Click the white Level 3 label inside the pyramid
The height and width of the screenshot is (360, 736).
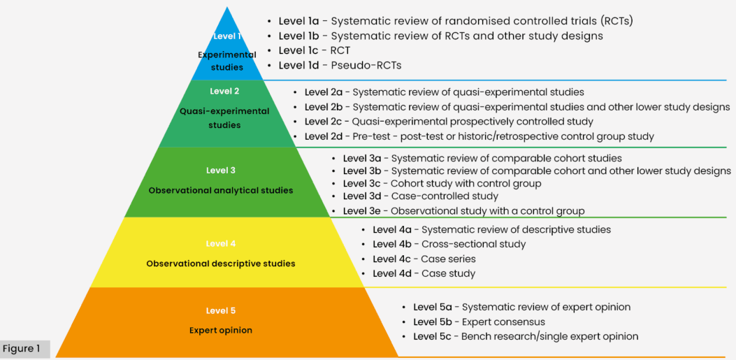click(220, 171)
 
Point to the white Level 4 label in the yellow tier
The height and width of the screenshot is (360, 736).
click(221, 243)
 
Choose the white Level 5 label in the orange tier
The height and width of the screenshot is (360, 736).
click(221, 310)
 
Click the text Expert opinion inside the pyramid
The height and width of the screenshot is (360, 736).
click(221, 331)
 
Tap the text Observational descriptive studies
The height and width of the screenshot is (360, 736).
click(221, 264)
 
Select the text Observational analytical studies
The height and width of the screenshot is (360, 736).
click(221, 191)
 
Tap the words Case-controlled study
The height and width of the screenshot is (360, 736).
click(445, 196)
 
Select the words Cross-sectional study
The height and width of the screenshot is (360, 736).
click(474, 244)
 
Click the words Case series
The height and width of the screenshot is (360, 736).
click(448, 259)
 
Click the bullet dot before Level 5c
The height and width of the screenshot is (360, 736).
click(404, 336)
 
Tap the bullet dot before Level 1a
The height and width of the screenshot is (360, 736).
click(269, 22)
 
